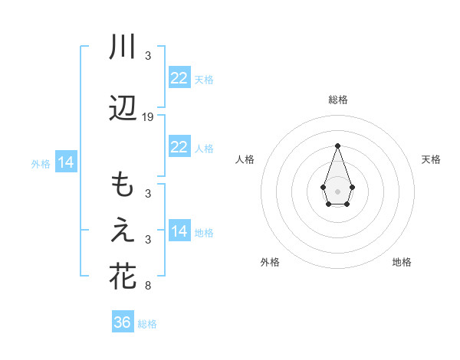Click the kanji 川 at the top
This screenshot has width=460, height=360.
click(x=123, y=47)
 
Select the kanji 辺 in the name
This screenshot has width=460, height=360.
click(x=123, y=110)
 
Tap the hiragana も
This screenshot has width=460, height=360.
click(x=123, y=186)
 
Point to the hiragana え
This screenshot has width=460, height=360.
click(x=123, y=232)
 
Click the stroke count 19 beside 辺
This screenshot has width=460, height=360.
click(x=148, y=117)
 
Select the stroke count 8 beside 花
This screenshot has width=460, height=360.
click(x=147, y=286)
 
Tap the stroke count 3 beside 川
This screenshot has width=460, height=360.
click(x=147, y=55)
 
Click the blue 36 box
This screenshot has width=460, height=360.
click(x=123, y=322)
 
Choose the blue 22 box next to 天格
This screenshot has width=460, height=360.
click(x=179, y=77)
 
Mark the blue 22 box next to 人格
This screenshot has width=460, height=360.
click(x=179, y=147)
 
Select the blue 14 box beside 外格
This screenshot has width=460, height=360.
click(x=65, y=162)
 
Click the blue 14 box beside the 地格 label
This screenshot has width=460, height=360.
click(x=179, y=231)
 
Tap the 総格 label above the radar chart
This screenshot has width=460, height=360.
click(x=338, y=100)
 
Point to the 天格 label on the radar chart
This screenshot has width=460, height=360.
click(x=432, y=159)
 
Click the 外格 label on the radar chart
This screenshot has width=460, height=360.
click(x=270, y=262)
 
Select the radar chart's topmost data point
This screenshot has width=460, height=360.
click(x=337, y=145)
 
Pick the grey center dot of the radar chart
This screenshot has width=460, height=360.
click(x=337, y=190)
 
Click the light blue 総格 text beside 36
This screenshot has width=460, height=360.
click(x=147, y=324)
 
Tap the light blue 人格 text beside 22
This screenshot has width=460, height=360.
click(x=204, y=149)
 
